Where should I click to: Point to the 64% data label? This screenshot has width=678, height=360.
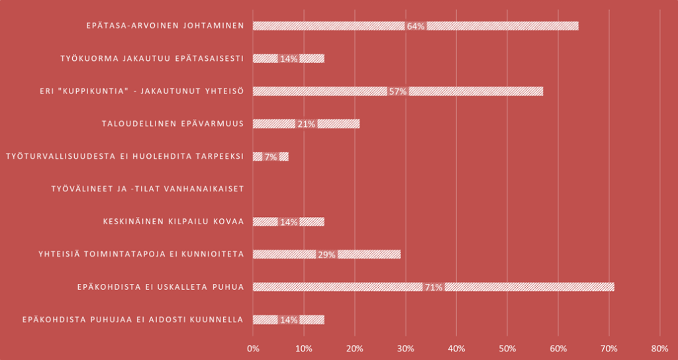[416, 26]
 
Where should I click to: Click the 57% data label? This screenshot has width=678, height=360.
[397, 91]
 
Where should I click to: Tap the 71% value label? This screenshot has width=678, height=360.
[434, 287]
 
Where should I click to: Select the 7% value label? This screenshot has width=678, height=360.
[270, 157]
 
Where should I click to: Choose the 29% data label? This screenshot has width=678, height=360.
[326, 254]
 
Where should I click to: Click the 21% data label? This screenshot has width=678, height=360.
[306, 124]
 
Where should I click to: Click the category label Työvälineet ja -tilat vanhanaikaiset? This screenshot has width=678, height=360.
[148, 189]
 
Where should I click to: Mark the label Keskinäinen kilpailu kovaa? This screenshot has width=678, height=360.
[173, 222]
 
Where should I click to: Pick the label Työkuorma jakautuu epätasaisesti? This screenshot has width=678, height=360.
[152, 58]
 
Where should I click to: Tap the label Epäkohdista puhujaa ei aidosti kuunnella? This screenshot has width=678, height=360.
[132, 320]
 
